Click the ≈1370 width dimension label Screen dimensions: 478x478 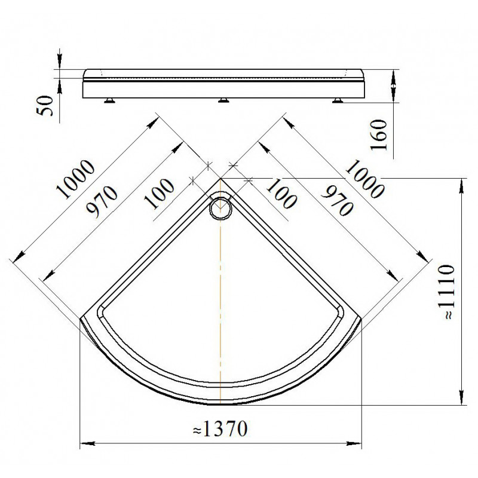[x=220, y=428]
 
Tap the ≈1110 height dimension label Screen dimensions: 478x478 [x=448, y=292]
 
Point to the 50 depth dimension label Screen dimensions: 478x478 [x=45, y=106]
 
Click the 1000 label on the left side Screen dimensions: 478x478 [x=76, y=179]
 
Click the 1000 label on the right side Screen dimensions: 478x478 [x=364, y=179]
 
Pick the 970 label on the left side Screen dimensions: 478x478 [x=102, y=202]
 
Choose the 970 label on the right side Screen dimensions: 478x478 [x=338, y=201]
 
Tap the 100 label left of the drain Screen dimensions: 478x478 [x=160, y=194]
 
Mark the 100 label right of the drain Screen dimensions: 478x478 [x=281, y=194]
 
